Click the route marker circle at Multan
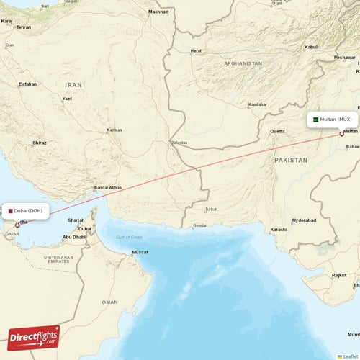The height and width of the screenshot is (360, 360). pyautogui.click(x=342, y=133)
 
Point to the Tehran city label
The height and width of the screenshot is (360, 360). pyautogui.click(x=24, y=27)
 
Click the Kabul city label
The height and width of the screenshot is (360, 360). pyautogui.click(x=311, y=47)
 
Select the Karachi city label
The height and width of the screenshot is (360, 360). pyautogui.click(x=278, y=230)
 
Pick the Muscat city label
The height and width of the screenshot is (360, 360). pyautogui.click(x=140, y=252)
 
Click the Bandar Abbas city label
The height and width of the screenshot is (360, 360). pyautogui.click(x=107, y=187)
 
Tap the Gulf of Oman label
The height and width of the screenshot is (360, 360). pyautogui.click(x=130, y=237)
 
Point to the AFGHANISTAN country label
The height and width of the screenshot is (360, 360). pyautogui.click(x=243, y=63)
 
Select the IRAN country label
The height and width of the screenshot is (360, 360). pyautogui.click(x=74, y=84)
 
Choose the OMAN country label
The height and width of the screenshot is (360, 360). pyautogui.click(x=109, y=302)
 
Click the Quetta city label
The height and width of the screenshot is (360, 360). pyautogui.click(x=277, y=132)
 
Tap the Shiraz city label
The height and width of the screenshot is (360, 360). pyautogui.click(x=40, y=143)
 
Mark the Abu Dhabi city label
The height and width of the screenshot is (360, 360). pyautogui.click(x=74, y=236)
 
